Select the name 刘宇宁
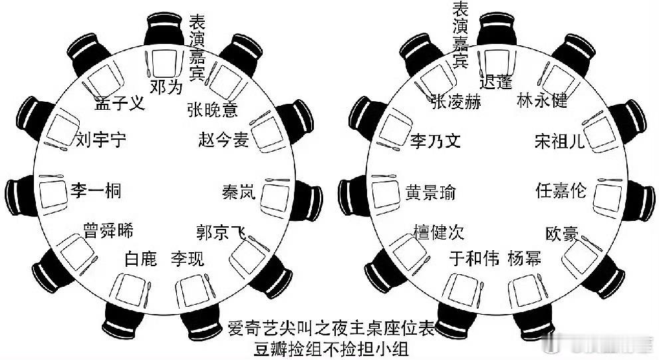(100, 140)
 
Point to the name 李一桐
(96, 191)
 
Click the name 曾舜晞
(108, 231)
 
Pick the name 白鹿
(140, 258)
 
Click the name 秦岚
(238, 192)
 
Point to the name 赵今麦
(223, 140)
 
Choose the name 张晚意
(212, 109)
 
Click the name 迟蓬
(496, 83)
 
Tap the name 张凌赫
(456, 101)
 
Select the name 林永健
(542, 100)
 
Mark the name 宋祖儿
(560, 141)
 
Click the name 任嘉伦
(561, 190)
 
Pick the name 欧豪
(561, 234)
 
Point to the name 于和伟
(473, 258)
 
